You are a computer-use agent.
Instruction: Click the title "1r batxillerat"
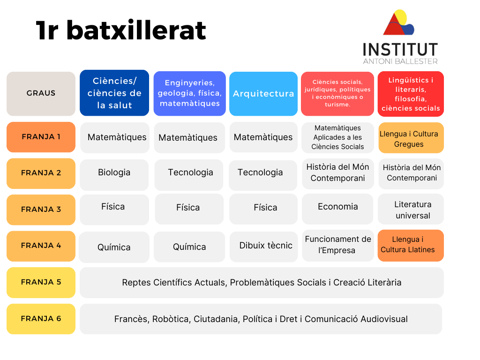(x=121, y=30)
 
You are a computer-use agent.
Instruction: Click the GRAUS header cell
(x=41, y=94)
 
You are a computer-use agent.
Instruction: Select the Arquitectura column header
(x=263, y=94)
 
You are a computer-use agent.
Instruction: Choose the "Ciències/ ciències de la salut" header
(x=114, y=93)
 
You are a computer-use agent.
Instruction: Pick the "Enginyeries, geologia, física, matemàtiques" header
(x=189, y=93)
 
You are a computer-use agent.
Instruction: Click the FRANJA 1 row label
(x=41, y=137)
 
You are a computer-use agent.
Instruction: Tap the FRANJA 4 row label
(x=41, y=246)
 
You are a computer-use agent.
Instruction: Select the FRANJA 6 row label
(x=41, y=319)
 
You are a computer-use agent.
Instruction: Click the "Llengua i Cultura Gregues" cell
(x=411, y=138)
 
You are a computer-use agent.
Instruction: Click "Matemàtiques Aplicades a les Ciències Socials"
(x=337, y=137)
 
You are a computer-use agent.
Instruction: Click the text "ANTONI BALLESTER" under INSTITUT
(x=400, y=61)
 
